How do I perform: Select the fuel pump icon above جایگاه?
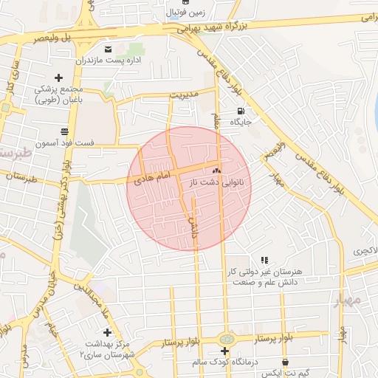(240, 111)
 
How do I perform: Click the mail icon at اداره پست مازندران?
(109, 49)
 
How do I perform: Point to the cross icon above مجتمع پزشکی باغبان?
(59, 77)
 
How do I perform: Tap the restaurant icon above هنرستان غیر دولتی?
(264, 260)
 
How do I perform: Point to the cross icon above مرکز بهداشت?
(108, 333)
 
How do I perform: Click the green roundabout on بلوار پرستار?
(224, 338)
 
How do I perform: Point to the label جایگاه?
(244, 122)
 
